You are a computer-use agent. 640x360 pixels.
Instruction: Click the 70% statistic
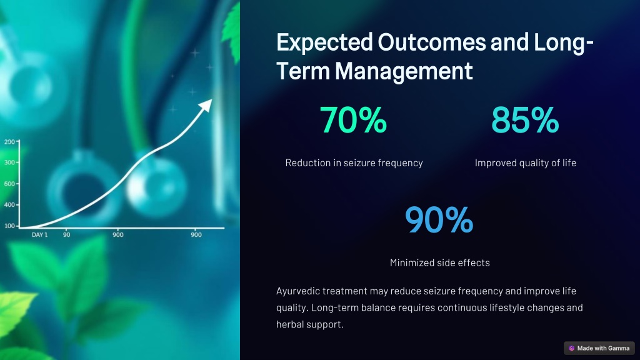click(353, 120)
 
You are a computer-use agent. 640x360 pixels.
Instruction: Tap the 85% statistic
click(525, 120)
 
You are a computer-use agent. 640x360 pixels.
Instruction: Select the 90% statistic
click(439, 219)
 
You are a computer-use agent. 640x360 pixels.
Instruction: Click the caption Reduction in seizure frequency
click(354, 163)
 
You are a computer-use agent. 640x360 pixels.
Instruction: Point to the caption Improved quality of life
click(525, 163)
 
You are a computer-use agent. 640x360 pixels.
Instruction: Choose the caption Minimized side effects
click(439, 262)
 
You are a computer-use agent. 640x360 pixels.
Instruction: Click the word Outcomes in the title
click(432, 42)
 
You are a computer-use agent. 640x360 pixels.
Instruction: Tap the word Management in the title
click(404, 71)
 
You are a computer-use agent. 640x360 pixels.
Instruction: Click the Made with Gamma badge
click(599, 348)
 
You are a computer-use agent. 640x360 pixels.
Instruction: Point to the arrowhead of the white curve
click(206, 104)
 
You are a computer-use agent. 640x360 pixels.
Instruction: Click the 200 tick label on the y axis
click(9, 142)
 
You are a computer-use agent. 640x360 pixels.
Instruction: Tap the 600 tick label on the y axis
click(9, 184)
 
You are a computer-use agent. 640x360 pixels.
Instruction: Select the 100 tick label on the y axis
click(9, 226)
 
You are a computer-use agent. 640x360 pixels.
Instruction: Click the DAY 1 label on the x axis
click(39, 235)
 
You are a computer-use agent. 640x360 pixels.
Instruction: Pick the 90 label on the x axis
click(66, 235)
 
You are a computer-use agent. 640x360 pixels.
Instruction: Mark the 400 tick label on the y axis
click(9, 204)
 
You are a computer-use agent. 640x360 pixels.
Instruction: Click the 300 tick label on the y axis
click(9, 162)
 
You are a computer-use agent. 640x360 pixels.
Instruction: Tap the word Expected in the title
click(324, 43)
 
